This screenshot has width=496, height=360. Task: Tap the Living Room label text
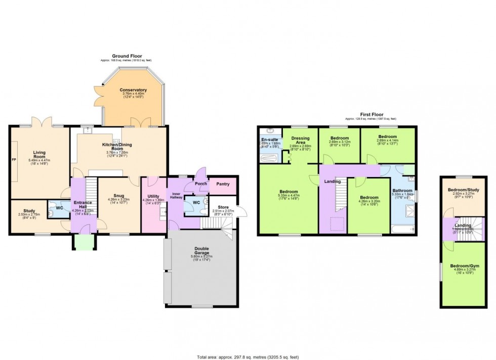point(39,154)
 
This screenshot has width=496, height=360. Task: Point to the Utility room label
point(154,196)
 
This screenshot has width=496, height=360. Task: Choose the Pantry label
point(223,184)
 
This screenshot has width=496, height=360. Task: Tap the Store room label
point(223,207)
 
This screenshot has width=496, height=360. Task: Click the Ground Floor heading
point(127,56)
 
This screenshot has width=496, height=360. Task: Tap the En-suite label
point(269,139)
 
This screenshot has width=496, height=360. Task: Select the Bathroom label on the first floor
point(402,191)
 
